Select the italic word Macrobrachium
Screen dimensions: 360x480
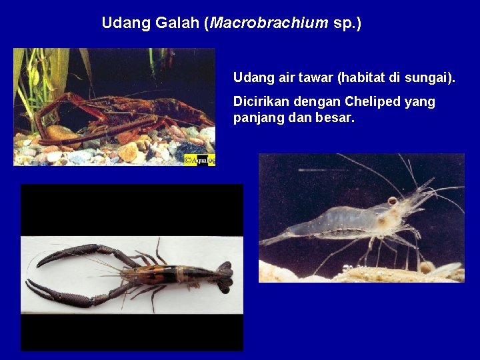(269, 23)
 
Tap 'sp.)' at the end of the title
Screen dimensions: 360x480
(347, 23)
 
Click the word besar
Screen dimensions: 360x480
(336, 118)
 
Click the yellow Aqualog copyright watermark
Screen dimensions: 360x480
(199, 160)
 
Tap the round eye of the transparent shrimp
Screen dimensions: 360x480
(393, 201)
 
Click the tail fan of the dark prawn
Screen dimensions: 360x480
(225, 276)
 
